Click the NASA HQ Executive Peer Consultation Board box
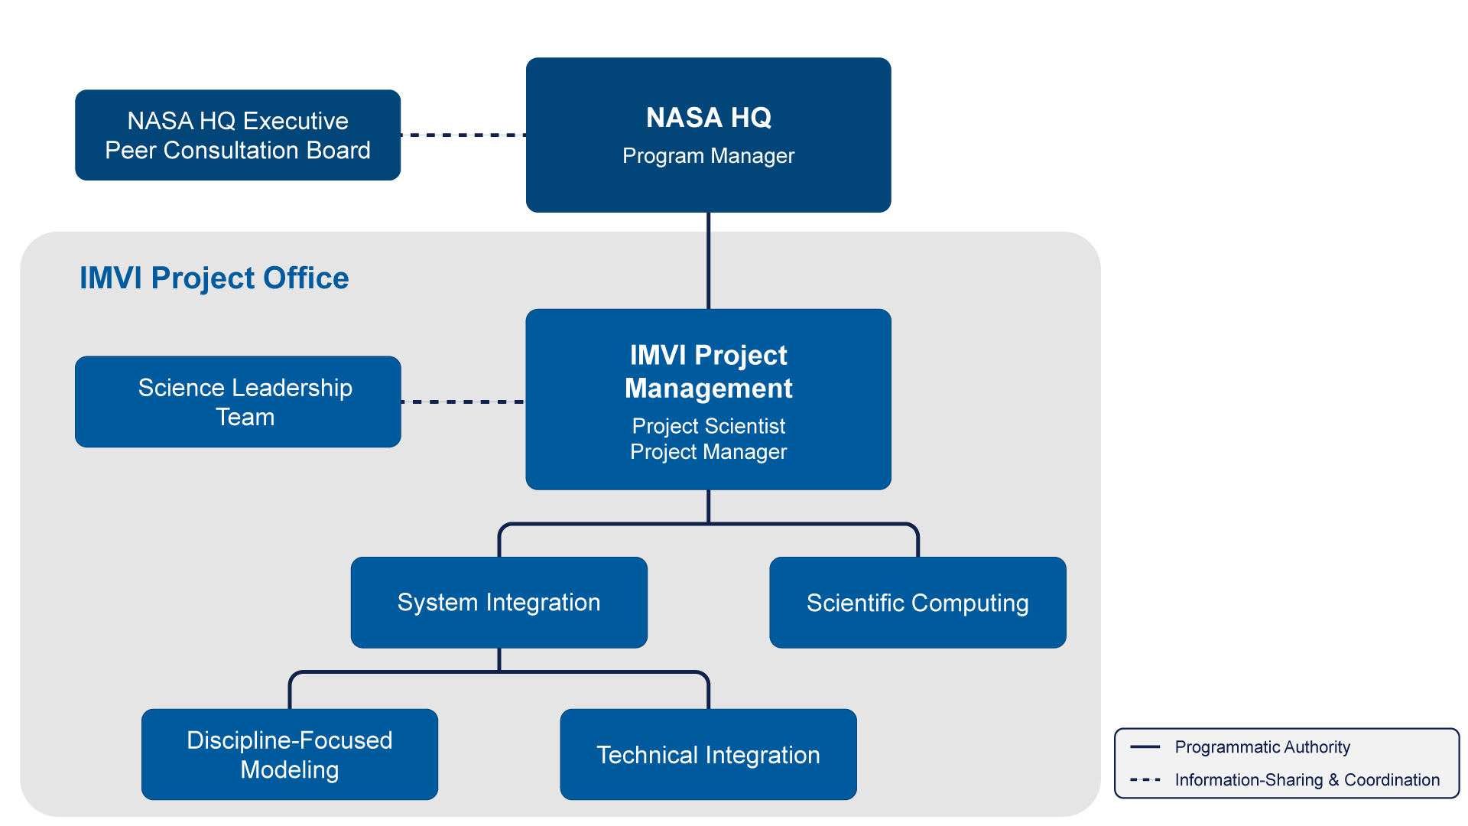[238, 135]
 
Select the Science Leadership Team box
[238, 402]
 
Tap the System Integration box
[499, 603]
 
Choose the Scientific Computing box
[917, 603]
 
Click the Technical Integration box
[708, 755]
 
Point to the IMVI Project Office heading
[214, 278]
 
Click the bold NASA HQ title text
[709, 118]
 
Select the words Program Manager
[709, 156]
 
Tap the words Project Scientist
[709, 426]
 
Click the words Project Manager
[709, 452]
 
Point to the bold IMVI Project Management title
[709, 372]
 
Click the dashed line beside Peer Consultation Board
[463, 135]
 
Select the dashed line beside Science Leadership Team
[463, 402]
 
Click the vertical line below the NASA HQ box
[709, 260]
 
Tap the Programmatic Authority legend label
[1262, 747]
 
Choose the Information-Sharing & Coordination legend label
[1307, 780]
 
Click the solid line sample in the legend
[1145, 747]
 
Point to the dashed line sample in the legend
[1145, 780]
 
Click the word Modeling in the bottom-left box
[289, 770]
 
